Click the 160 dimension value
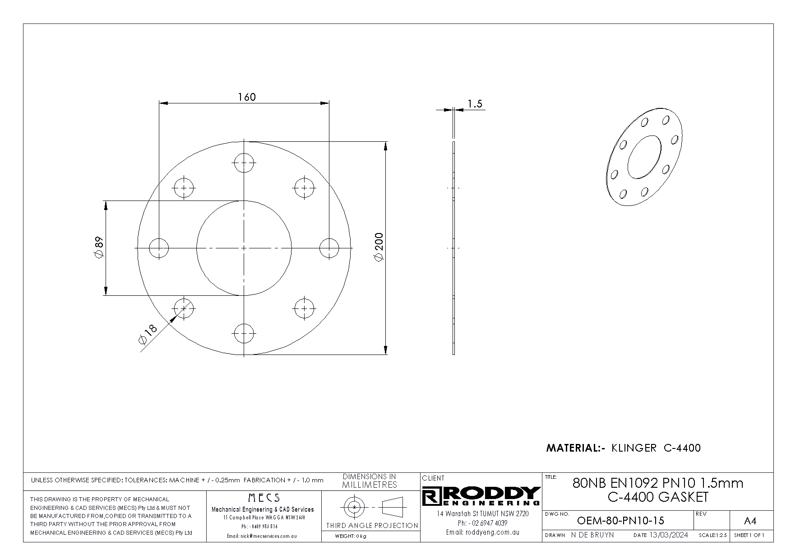click(x=247, y=97)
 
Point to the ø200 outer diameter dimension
click(x=379, y=247)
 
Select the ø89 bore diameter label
click(x=99, y=247)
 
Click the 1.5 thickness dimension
click(x=475, y=104)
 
